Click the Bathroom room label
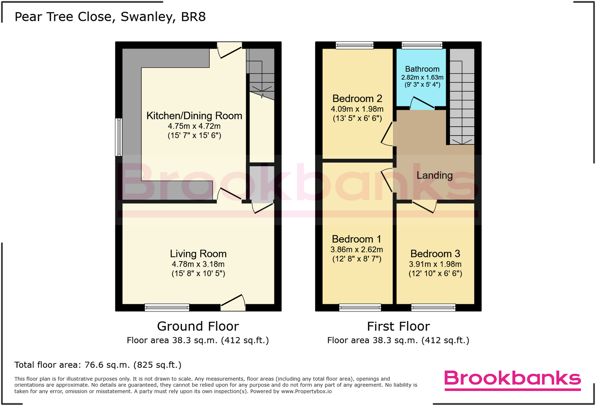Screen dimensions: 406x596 (x=422, y=69)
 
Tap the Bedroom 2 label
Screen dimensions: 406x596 (x=357, y=98)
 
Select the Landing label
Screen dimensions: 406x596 (x=434, y=175)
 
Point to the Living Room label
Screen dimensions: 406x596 (x=198, y=254)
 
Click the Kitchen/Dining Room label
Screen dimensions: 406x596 (x=194, y=116)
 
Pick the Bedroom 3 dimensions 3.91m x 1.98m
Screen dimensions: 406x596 (x=435, y=264)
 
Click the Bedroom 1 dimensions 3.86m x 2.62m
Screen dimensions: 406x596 (x=357, y=250)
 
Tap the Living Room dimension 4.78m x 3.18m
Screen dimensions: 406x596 (x=198, y=264)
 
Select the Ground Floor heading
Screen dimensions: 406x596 (x=198, y=326)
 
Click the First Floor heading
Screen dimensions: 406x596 (x=398, y=326)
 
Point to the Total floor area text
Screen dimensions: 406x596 (x=98, y=365)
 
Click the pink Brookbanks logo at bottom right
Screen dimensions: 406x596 (x=512, y=379)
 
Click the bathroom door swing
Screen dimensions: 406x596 (x=421, y=103)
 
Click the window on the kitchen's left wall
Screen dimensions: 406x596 (x=118, y=137)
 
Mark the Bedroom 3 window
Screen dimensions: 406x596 (x=433, y=308)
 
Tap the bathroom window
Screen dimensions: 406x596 (x=422, y=45)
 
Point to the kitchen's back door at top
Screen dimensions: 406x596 (x=229, y=51)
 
